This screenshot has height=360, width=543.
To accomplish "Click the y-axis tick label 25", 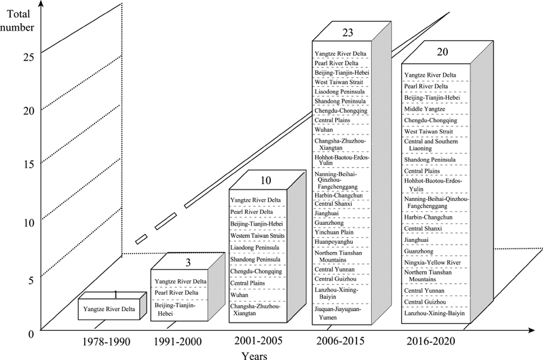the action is tap(29, 57).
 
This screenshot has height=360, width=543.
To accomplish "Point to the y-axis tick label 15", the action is tap(29, 164).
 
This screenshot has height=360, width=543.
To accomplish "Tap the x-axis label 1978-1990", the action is tap(107, 342).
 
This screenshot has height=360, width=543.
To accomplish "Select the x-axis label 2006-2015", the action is tap(341, 341).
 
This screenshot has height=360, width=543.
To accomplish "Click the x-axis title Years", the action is tap(255, 356).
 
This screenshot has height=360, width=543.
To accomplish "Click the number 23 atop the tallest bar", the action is tap(348, 33).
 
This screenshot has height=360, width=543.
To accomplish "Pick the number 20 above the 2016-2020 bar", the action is tap(443, 52).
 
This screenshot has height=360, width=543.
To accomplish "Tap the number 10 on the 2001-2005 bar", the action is tap(265, 181).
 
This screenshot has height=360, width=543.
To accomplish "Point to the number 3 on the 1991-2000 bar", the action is tap(188, 263).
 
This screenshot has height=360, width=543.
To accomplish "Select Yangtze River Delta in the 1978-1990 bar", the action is tap(109, 309).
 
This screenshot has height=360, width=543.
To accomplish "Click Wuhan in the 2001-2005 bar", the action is tap(240, 295).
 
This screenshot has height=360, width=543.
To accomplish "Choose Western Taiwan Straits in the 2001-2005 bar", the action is tap(258, 236).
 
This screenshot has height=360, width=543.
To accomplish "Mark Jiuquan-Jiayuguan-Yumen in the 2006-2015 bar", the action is tap(337, 313).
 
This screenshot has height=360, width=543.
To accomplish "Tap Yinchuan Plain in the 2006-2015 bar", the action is tap(334, 232).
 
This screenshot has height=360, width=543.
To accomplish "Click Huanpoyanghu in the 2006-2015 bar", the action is tap(334, 242).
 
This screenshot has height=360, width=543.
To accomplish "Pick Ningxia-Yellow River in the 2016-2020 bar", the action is tap(432, 263).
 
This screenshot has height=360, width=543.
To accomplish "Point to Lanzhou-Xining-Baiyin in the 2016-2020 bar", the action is tap(434, 313).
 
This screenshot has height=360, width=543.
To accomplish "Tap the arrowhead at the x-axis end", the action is tap(532, 331).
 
